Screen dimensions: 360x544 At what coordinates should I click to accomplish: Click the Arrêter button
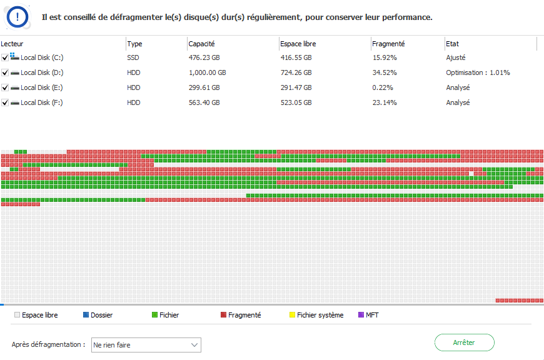[x=464, y=342]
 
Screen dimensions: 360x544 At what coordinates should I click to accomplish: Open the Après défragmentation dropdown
[x=146, y=345]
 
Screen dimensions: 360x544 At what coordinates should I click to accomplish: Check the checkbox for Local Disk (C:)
[x=5, y=57]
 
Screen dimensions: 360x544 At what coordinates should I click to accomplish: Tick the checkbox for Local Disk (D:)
[x=5, y=72]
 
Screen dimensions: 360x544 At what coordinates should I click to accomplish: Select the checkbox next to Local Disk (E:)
[x=5, y=87]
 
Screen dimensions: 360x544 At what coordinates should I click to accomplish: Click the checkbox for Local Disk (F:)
[x=5, y=102]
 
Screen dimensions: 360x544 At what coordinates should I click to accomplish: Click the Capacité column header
[x=201, y=44]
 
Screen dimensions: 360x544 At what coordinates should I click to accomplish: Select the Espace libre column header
[x=298, y=44]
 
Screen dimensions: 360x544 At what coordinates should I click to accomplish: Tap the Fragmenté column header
[x=388, y=44]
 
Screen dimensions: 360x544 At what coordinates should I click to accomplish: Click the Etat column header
[x=452, y=44]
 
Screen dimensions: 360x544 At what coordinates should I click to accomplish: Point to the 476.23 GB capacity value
[x=204, y=57]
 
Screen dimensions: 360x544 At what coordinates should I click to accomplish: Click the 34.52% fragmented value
[x=385, y=72]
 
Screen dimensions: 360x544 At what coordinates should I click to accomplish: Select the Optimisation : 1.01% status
[x=478, y=72]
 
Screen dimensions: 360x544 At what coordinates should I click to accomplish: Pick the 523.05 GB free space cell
[x=297, y=102]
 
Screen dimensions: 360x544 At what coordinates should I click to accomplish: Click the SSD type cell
[x=134, y=57]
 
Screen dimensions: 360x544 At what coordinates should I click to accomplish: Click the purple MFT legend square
[x=361, y=315]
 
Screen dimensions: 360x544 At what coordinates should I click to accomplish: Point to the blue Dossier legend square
[x=86, y=315]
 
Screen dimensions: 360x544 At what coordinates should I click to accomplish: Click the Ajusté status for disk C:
[x=456, y=57]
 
